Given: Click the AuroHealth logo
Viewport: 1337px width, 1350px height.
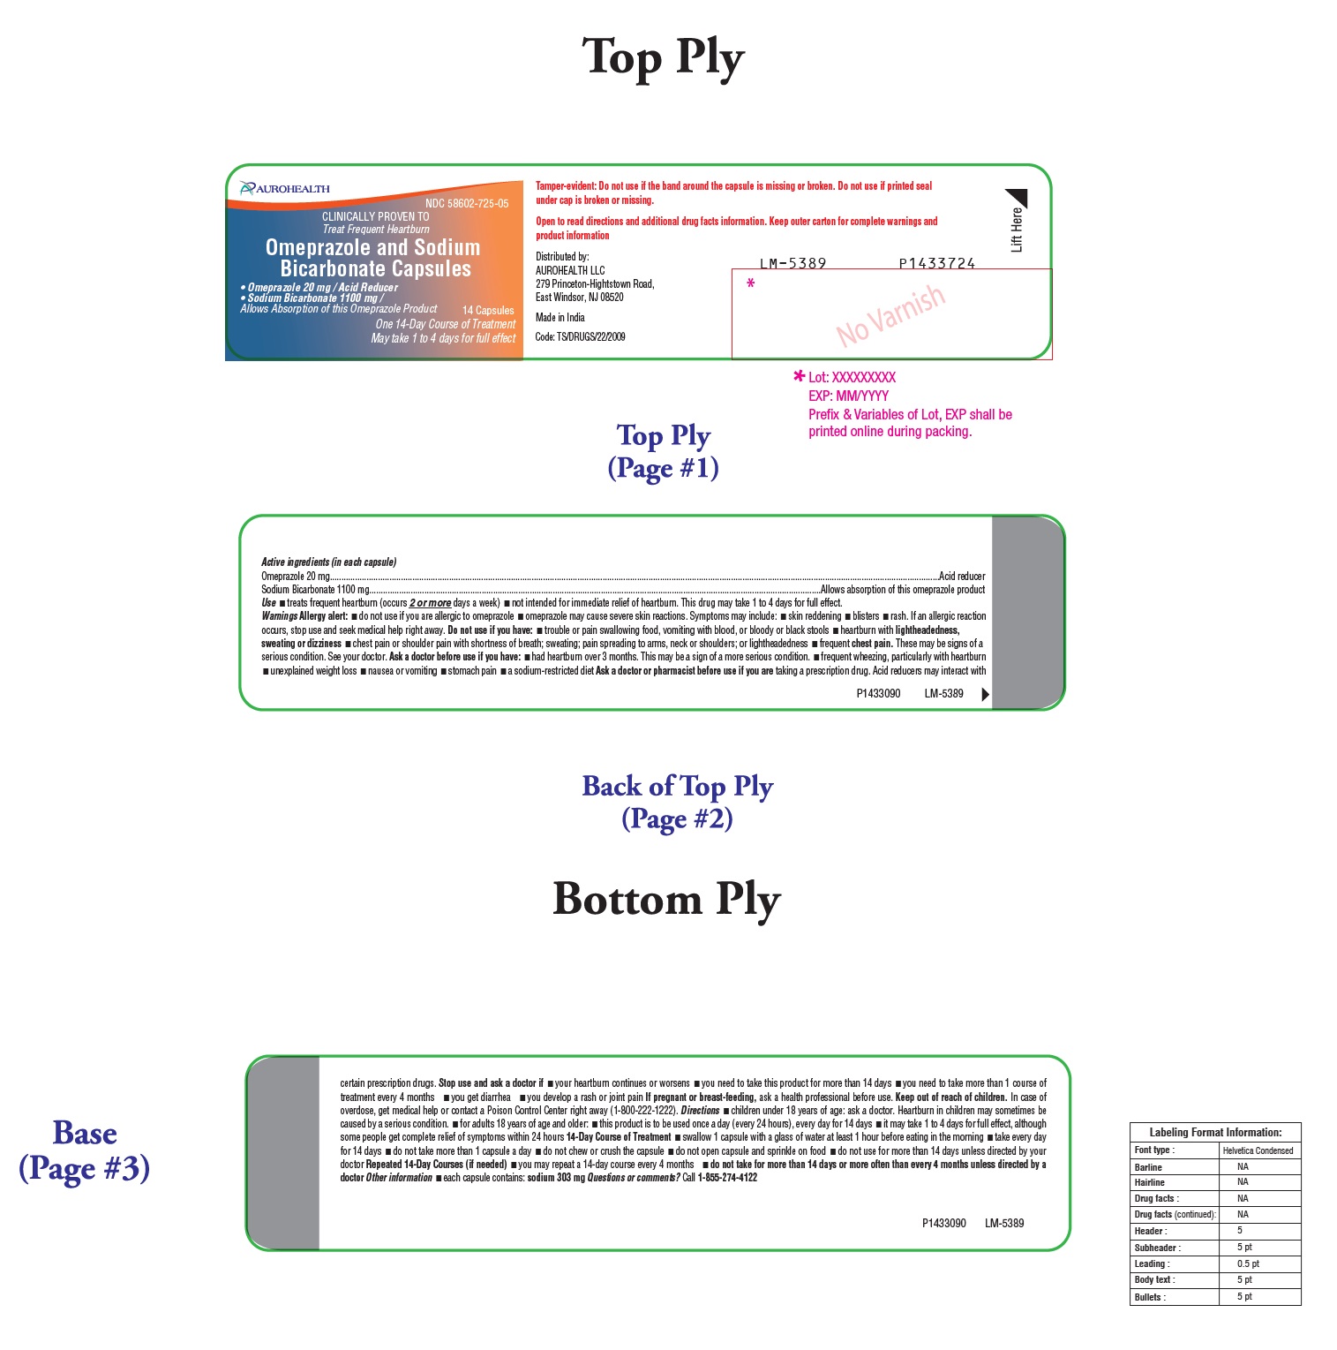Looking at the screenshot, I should click(284, 188).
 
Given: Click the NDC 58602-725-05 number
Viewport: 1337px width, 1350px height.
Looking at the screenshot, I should click(466, 204).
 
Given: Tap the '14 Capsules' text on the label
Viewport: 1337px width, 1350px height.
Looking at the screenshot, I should click(488, 311).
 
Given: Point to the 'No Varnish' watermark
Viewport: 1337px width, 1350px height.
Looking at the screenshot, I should click(890, 315).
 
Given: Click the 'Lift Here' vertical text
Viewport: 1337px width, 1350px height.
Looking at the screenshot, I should click(1017, 230).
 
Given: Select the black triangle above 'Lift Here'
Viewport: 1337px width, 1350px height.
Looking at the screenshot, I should click(1018, 197).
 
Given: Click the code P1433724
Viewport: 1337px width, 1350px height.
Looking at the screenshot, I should click(936, 263).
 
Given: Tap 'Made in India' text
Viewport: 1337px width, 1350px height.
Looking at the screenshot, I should click(560, 318).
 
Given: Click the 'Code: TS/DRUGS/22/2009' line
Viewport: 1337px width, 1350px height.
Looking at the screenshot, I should click(580, 337).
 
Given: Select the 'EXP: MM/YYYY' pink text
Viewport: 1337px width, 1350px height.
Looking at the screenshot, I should click(848, 396).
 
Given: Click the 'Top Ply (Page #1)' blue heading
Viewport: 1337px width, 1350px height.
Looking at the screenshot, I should click(664, 451).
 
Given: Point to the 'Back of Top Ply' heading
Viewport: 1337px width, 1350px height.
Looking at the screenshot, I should click(677, 786).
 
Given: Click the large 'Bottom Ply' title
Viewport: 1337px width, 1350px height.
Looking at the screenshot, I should click(666, 899).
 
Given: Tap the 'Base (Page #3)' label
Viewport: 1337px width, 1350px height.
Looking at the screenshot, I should click(85, 1150).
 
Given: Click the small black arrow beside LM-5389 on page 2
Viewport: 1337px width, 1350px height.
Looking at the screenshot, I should click(985, 695).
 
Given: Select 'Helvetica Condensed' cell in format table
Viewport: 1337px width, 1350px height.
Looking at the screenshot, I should click(1258, 1150).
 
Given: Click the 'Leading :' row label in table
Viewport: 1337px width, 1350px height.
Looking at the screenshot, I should click(1152, 1264).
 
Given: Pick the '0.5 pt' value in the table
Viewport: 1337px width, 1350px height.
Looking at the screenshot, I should click(1248, 1264).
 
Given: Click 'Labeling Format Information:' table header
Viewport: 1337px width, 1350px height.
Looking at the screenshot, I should click(1215, 1133).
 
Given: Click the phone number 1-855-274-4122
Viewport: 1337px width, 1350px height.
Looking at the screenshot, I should click(727, 1178).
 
